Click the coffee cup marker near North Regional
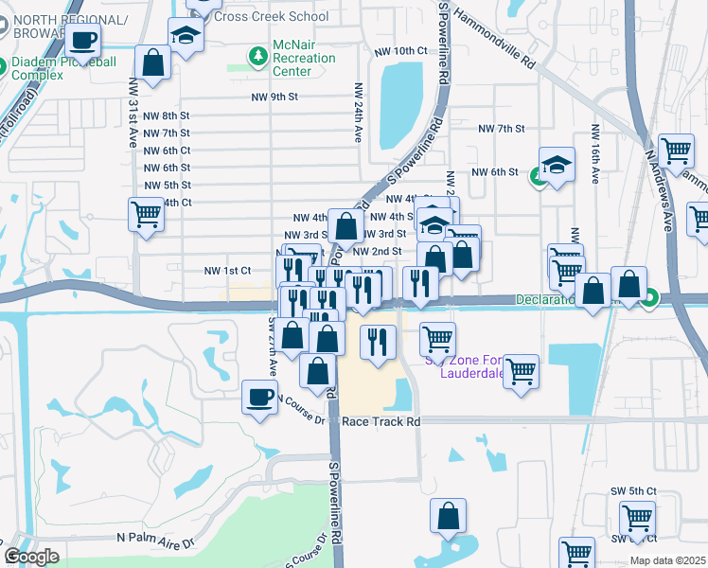tap(83, 41)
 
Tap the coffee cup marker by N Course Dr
tap(258, 398)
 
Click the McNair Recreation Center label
tap(304, 58)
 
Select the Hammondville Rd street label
tap(494, 39)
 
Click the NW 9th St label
tap(274, 98)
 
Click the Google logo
tap(31, 556)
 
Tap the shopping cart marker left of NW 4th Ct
tap(146, 215)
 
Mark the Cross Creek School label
tap(272, 16)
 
